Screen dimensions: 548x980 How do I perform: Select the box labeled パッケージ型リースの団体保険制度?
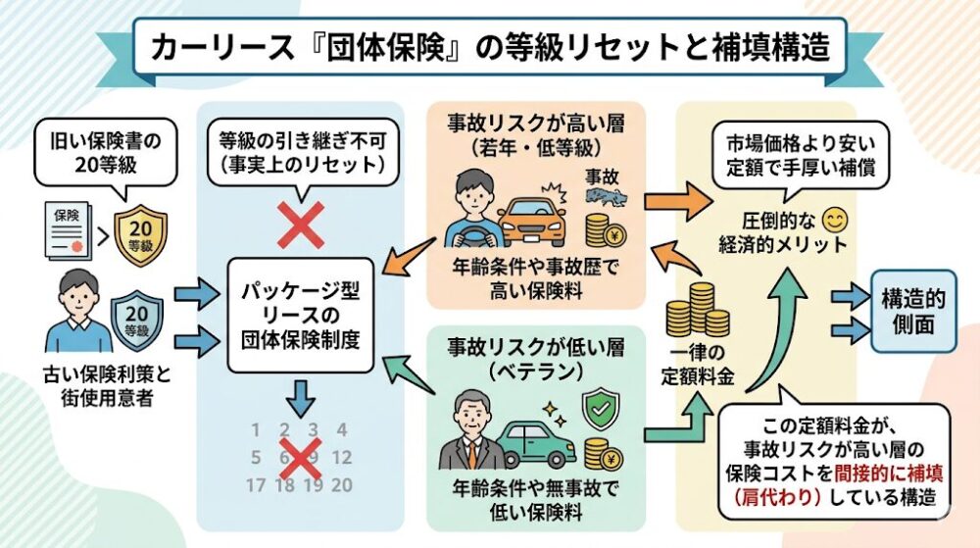tap(302, 315)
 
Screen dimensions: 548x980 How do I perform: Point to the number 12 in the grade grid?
tap(341, 457)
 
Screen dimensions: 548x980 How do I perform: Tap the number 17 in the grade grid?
tap(256, 484)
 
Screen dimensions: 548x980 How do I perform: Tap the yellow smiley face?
tap(834, 216)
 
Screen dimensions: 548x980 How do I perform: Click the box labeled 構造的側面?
tap(912, 312)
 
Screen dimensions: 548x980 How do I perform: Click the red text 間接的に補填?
tap(894, 472)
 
